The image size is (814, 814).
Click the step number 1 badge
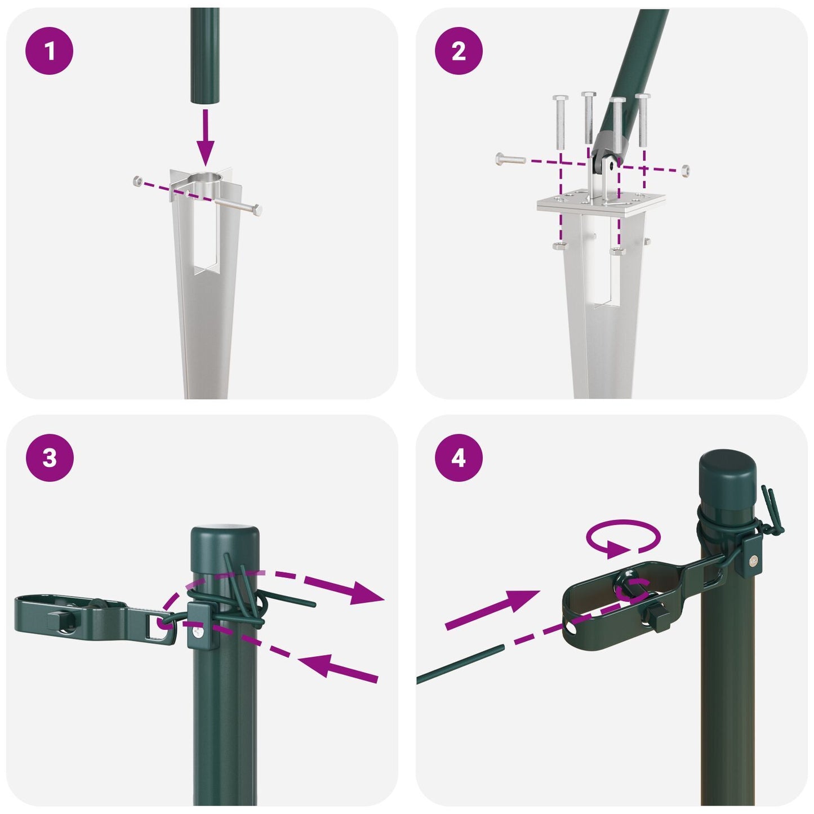point(50,51)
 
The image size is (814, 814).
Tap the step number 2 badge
point(459,51)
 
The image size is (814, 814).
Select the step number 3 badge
point(50,457)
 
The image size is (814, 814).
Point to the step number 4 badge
point(459,457)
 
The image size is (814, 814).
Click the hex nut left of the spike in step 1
point(137,181)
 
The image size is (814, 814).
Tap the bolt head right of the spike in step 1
point(259,211)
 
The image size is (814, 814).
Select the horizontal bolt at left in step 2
point(510,159)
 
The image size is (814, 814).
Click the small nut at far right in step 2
point(685,170)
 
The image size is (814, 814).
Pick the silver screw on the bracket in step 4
point(753,560)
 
